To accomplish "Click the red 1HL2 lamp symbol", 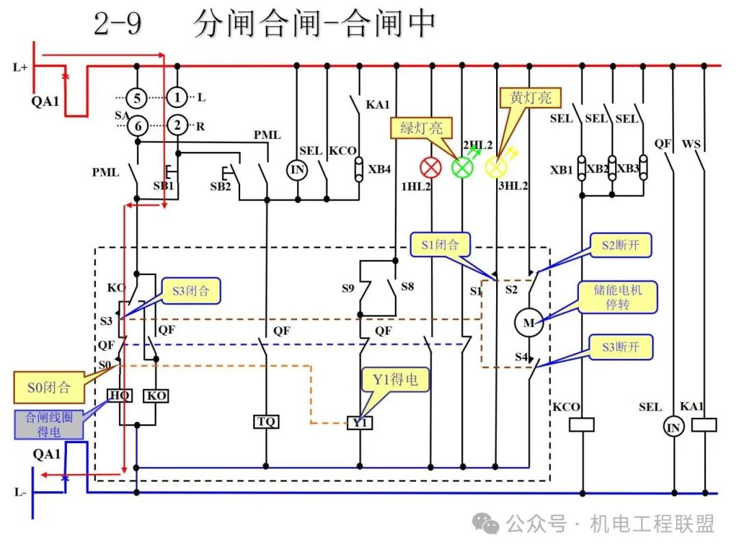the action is click(430, 168).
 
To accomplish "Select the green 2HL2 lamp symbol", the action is click(463, 168).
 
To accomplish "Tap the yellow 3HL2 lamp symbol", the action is click(496, 168).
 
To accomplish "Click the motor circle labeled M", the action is click(529, 323).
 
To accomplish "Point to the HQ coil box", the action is click(120, 396).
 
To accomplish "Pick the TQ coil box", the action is click(266, 421).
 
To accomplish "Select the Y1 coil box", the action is click(360, 423).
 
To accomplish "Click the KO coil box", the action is click(156, 396).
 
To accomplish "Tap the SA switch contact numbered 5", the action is click(137, 98).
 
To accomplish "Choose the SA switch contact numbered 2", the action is click(177, 125).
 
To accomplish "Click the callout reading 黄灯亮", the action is click(530, 98).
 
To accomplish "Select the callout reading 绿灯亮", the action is click(422, 128).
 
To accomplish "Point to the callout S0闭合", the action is click(49, 387).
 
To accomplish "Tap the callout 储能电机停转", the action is click(617, 297).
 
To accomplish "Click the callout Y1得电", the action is click(395, 380).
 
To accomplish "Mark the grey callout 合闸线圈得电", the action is click(49, 424).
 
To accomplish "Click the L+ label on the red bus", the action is click(21, 67).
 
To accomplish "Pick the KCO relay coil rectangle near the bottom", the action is click(582, 425).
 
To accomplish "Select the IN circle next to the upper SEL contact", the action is click(297, 170).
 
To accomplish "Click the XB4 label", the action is click(379, 169).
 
